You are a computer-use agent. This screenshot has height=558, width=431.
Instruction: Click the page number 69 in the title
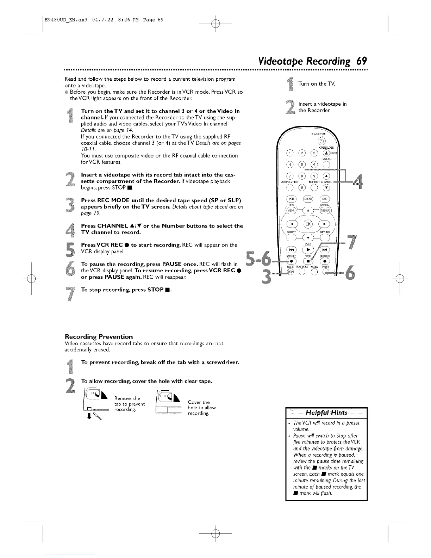coord(361,61)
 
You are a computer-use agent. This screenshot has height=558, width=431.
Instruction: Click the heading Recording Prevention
coord(99,336)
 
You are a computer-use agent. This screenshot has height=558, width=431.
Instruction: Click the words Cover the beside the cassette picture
coord(199,402)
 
